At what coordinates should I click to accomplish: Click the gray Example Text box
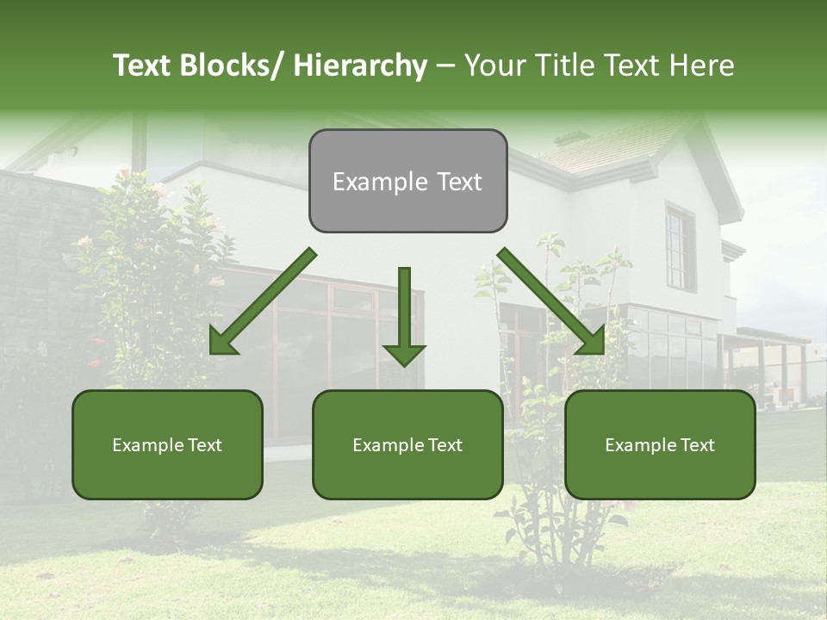tap(407, 181)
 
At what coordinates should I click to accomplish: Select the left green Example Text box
tap(167, 444)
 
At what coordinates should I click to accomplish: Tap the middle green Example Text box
tap(407, 444)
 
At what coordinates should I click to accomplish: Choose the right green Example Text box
tap(660, 444)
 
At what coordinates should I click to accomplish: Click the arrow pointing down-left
tap(263, 302)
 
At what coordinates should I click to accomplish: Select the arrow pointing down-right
tap(551, 301)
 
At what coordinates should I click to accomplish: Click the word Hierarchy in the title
tap(360, 65)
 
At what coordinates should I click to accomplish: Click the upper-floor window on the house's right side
tap(680, 248)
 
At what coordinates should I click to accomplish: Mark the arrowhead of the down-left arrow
tap(222, 342)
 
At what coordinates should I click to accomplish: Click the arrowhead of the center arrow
tap(404, 354)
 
